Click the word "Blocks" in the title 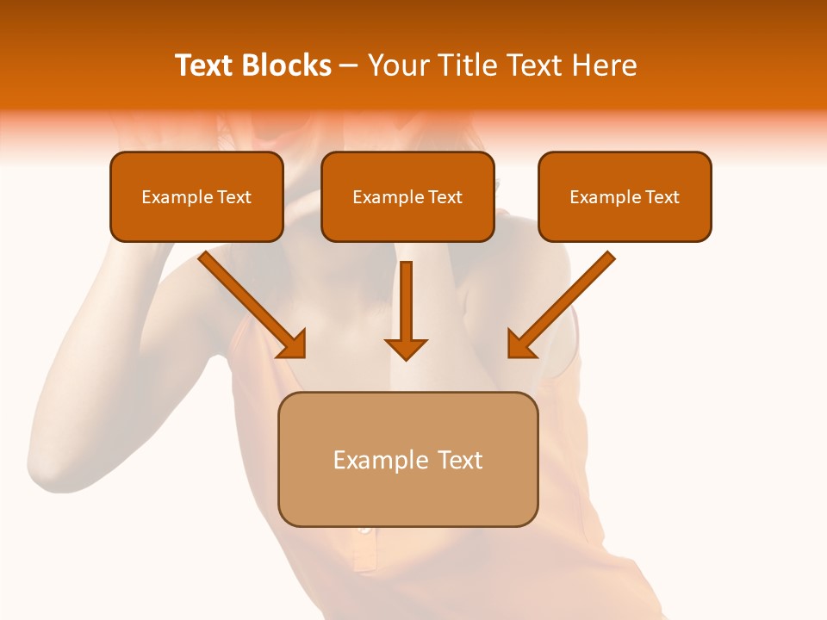click(286, 65)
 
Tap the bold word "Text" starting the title click(205, 65)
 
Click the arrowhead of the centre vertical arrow click(406, 348)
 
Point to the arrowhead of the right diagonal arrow click(522, 344)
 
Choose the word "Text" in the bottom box click(460, 460)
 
